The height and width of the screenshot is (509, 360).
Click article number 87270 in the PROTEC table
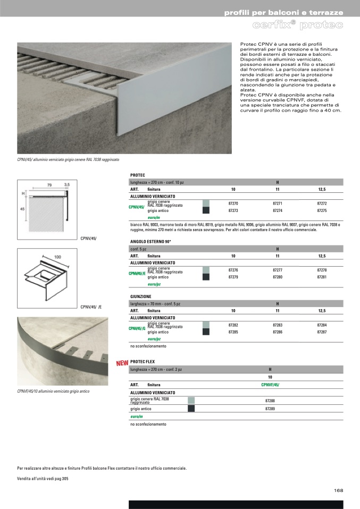pyautogui.click(x=233, y=203)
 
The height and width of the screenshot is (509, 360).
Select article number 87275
pyautogui.click(x=322, y=210)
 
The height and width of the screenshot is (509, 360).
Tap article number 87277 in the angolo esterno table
pyautogui.click(x=277, y=270)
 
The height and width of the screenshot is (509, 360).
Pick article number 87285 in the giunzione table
pyautogui.click(x=233, y=332)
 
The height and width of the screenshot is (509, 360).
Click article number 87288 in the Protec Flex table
pyautogui.click(x=270, y=400)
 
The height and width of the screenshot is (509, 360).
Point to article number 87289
pyautogui.click(x=270, y=409)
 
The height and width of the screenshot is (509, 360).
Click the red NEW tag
pyautogui.click(x=122, y=364)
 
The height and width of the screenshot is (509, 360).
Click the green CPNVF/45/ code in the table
pyautogui.click(x=270, y=384)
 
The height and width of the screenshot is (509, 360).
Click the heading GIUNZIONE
pyautogui.click(x=141, y=296)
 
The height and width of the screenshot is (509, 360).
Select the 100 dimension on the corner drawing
pyautogui.click(x=57, y=257)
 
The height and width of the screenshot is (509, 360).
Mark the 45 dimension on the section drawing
pyautogui.click(x=22, y=209)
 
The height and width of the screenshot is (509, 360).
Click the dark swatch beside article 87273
pyautogui.click(x=206, y=211)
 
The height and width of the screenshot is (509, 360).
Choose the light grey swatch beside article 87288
pyautogui.click(x=191, y=400)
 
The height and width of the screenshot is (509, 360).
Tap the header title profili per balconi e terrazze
pyautogui.click(x=283, y=12)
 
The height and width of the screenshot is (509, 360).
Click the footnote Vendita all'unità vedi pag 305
pyautogui.click(x=43, y=479)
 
